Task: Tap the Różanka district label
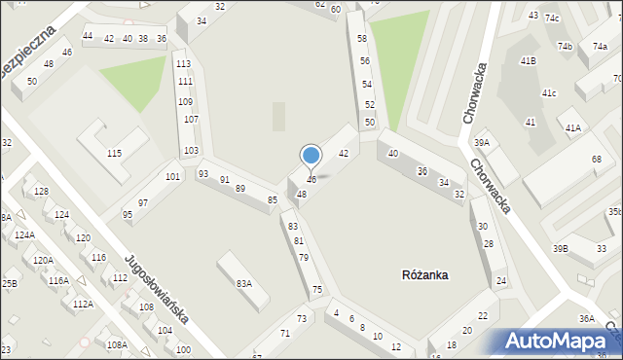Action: point(424,275)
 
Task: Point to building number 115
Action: point(114,154)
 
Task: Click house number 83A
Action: point(243,283)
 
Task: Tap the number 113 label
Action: point(183,64)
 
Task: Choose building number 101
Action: point(172,176)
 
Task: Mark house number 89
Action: point(240,188)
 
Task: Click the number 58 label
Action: point(362,39)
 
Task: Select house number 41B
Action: point(528,61)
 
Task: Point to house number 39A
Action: point(481,143)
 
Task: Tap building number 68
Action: point(596,159)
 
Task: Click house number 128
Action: point(41,191)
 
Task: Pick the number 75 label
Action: point(317,290)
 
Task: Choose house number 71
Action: point(285,334)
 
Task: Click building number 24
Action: point(500,281)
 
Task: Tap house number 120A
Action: point(43,260)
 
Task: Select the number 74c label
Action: point(552,18)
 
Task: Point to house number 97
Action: point(143,202)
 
